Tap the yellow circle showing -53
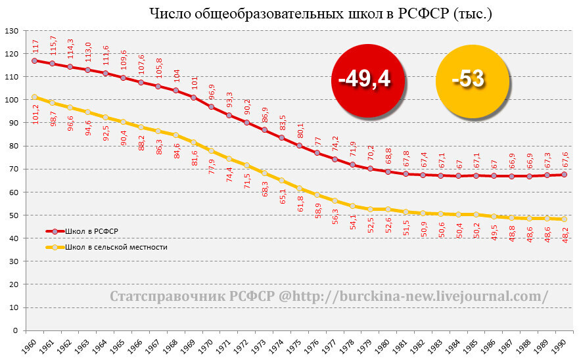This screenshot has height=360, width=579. coord(468,79)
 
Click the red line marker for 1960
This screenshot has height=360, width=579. coord(35,60)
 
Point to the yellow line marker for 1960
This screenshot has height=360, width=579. coord(35,97)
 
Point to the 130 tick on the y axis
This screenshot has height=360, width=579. coord(11,31)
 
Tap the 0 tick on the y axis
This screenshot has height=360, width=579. coord(16,331)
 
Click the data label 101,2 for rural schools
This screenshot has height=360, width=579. coord(35,113)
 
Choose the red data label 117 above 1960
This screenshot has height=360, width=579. coord(35,47)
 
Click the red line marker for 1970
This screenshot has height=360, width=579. coord(212,106)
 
